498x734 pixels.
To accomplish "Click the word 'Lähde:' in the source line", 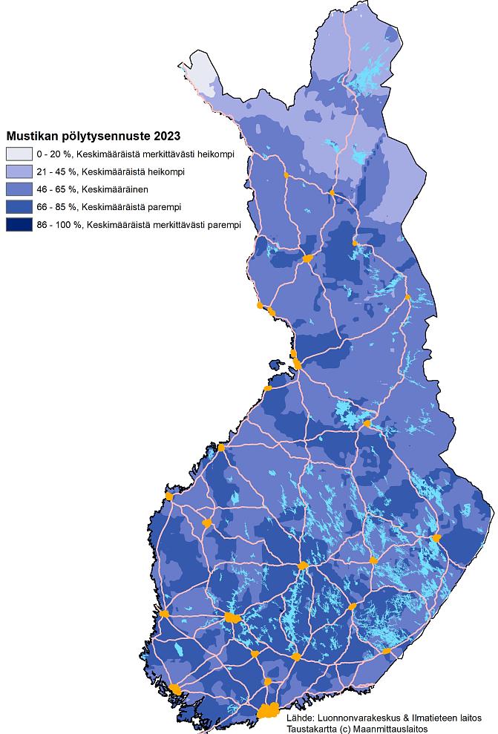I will (301, 718).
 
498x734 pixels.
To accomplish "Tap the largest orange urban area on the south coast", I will (269, 710).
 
